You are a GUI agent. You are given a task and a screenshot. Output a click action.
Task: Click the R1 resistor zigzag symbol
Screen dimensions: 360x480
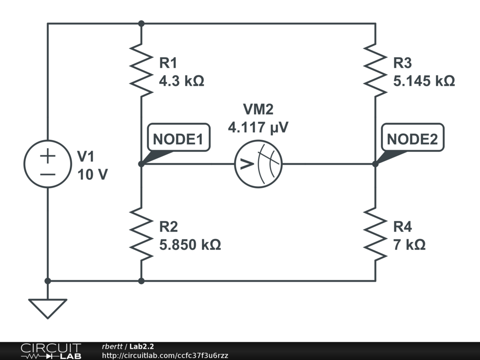[141, 70]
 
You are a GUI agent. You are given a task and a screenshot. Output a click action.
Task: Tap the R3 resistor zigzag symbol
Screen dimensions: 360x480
[375, 70]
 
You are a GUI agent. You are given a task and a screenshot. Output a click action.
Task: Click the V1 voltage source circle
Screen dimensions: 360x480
[47, 164]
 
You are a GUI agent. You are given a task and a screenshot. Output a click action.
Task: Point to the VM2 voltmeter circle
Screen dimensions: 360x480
[258, 164]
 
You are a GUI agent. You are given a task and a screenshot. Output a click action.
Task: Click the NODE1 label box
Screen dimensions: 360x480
[179, 140]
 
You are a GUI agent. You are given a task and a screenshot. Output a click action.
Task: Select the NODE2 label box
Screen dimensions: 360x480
[412, 140]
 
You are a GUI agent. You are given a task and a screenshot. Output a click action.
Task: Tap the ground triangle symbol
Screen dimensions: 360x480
[47, 307]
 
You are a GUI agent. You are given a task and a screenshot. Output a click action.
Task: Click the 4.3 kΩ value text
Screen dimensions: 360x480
[181, 82]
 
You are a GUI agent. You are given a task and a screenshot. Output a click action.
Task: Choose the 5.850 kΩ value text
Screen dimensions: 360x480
[190, 245]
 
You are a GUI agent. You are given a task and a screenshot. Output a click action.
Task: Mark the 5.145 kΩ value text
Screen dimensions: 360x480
[424, 82]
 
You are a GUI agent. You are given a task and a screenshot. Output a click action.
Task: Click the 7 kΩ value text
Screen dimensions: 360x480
[409, 245]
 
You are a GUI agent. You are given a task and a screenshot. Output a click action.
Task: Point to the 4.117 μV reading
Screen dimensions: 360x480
[258, 127]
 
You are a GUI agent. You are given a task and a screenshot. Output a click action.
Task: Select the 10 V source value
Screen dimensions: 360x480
[92, 174]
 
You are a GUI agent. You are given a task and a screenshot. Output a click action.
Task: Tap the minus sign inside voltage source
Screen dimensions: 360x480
[47, 174]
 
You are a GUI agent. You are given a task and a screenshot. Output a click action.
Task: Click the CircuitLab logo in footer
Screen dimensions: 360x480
[50, 351]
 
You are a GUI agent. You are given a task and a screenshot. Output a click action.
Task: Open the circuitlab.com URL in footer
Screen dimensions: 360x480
[165, 356]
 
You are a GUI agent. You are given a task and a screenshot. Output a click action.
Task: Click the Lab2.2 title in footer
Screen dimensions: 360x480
[142, 346]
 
